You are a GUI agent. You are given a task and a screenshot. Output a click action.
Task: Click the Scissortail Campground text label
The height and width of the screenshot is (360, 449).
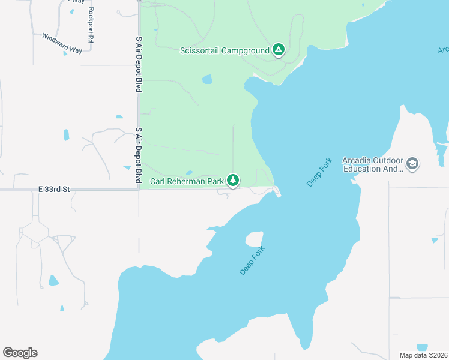(224, 50)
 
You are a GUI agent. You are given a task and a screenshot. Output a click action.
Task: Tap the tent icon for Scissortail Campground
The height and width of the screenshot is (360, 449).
(278, 50)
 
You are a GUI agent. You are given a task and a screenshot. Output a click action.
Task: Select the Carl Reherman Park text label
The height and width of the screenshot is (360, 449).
(187, 181)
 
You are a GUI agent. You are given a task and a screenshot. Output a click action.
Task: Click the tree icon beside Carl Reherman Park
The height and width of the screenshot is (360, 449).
(233, 180)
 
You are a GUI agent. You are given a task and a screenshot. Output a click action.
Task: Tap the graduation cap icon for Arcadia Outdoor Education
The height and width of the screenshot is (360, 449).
(412, 163)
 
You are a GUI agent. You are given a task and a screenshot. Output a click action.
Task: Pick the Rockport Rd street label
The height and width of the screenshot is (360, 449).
(91, 25)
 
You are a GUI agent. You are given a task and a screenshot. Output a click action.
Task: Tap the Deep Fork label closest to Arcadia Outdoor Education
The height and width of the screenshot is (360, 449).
(319, 173)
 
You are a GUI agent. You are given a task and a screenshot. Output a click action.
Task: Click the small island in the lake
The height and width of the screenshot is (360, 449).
(254, 239)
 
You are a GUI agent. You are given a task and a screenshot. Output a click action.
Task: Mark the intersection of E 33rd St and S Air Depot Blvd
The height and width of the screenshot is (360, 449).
(139, 190)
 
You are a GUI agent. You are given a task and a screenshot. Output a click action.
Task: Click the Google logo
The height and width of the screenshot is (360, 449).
(20, 352)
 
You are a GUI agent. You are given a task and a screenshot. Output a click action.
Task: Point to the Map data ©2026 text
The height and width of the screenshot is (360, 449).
(423, 355)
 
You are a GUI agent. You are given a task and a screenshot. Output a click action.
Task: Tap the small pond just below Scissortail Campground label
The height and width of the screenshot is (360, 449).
(207, 79)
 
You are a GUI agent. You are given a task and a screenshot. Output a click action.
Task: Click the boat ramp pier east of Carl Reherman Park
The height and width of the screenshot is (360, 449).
(277, 192)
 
